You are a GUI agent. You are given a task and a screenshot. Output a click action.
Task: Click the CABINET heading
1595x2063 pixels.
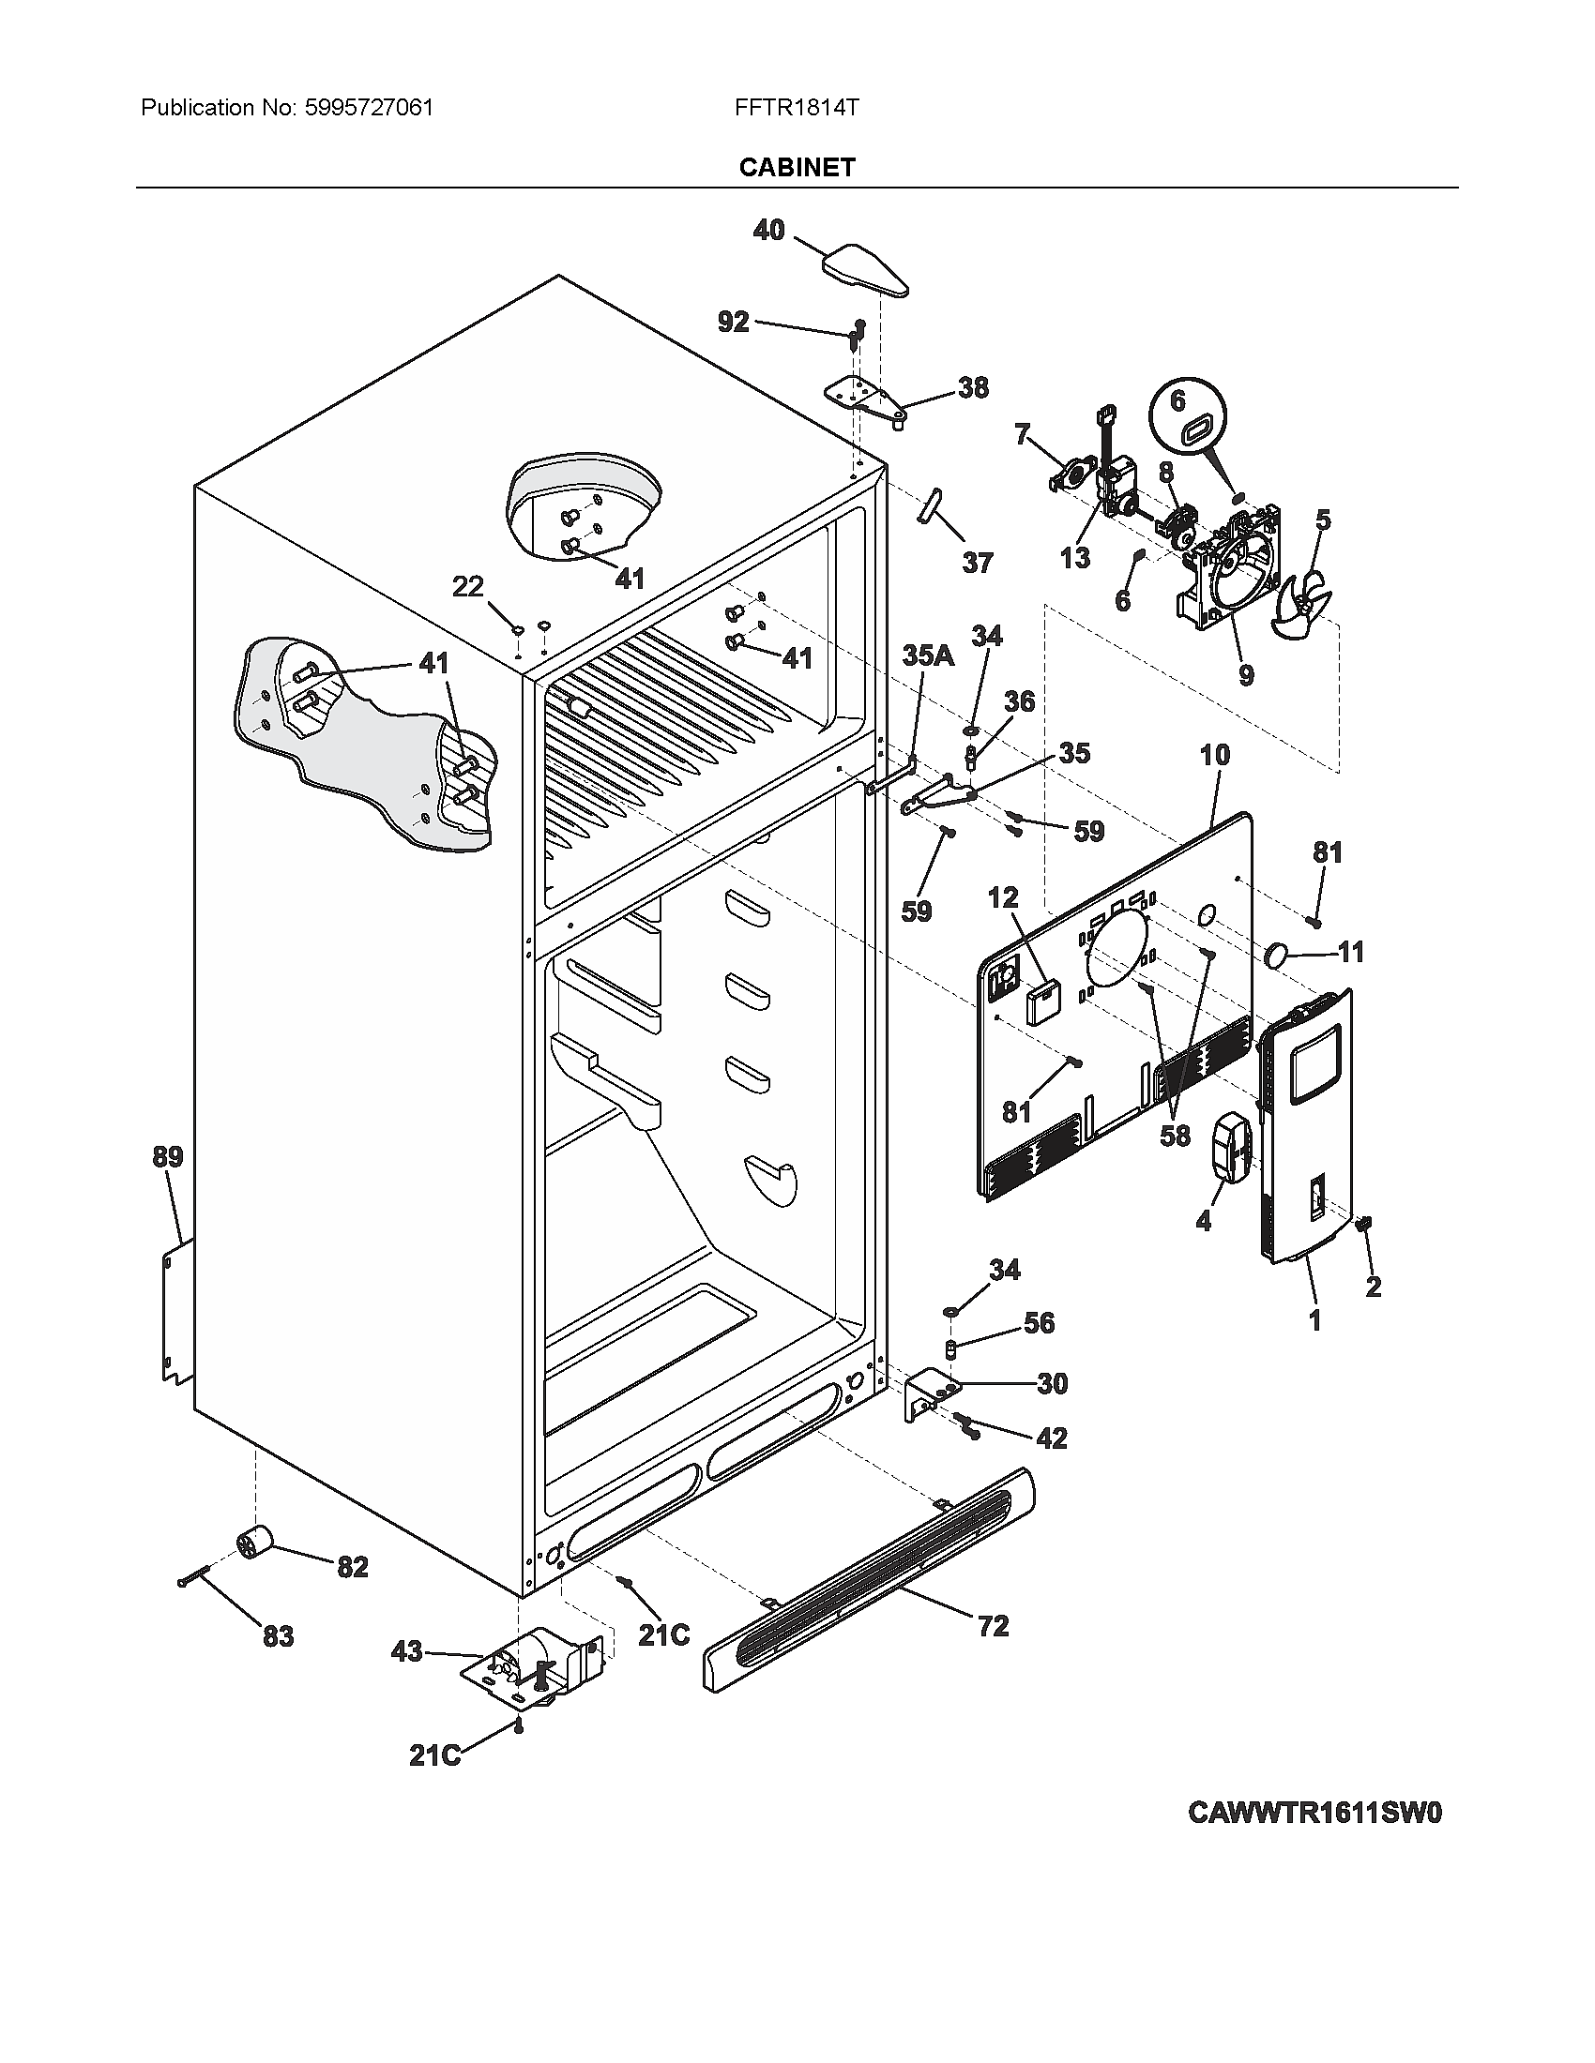pos(797,167)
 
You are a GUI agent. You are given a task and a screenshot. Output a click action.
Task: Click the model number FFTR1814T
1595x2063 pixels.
pos(796,108)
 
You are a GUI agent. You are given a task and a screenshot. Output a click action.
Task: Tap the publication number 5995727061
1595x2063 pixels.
pos(369,108)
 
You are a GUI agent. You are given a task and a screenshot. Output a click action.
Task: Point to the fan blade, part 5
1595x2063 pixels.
pos(1304,606)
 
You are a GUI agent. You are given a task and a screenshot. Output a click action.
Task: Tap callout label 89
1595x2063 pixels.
pos(168,1156)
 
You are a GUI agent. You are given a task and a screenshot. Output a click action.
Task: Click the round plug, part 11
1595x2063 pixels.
pos(1277,956)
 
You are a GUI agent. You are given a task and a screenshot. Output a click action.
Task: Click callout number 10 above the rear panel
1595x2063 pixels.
pos(1215,755)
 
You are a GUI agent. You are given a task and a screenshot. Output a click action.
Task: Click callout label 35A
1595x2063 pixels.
pos(929,655)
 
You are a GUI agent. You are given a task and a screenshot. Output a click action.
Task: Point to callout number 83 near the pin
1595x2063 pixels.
pos(278,1635)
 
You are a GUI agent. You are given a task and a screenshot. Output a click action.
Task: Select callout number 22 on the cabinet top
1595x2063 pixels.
pos(467,587)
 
